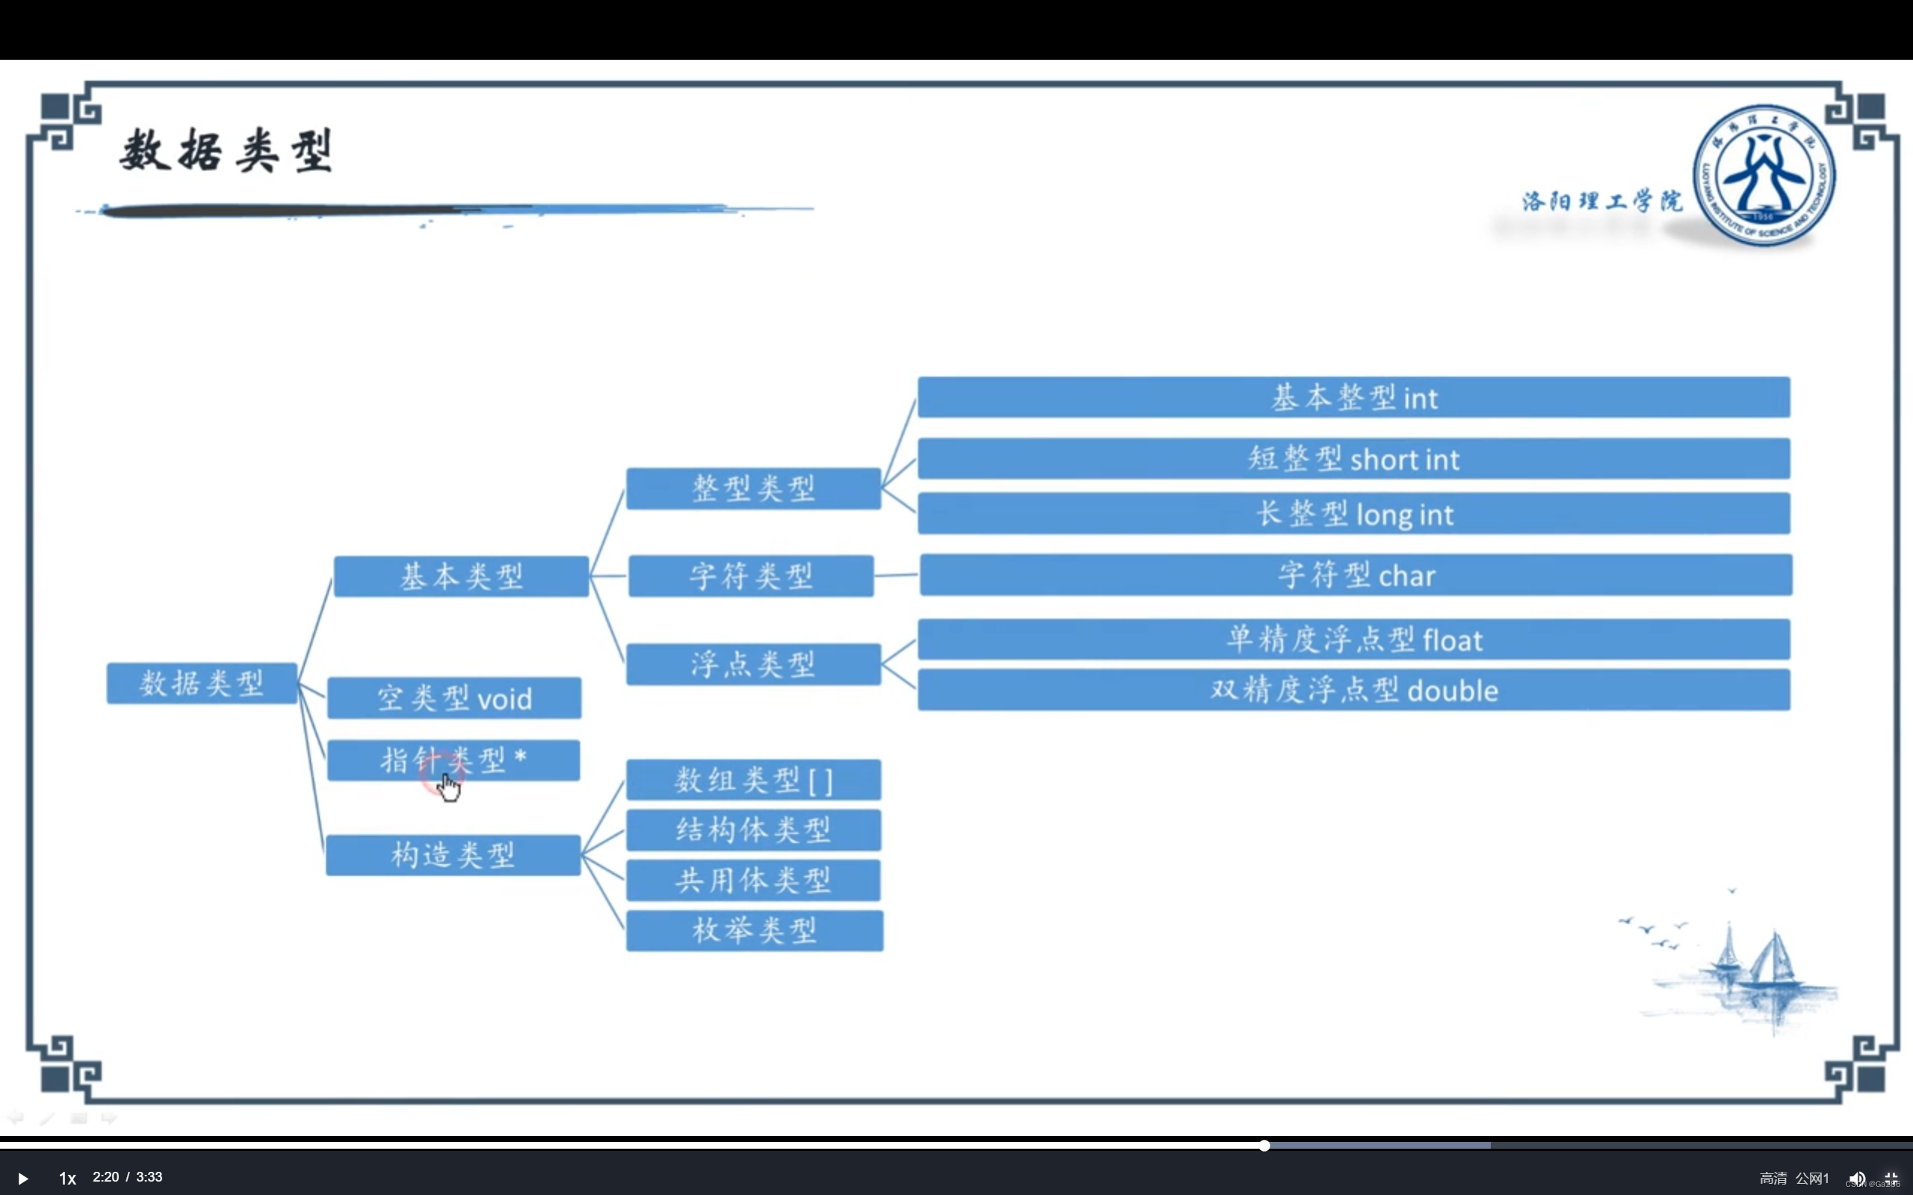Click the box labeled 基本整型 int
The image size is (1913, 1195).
pos(1353,397)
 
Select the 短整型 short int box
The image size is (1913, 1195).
pos(1353,459)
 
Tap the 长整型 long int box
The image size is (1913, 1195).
pos(1353,514)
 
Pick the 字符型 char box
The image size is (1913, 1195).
pos(1355,575)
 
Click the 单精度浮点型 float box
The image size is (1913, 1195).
pos(1353,639)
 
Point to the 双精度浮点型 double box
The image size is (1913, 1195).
pos(1353,690)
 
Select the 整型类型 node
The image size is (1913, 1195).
pos(753,488)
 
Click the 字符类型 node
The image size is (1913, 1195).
pos(751,576)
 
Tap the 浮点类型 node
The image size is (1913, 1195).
pos(753,664)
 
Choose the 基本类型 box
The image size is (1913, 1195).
pos(461,577)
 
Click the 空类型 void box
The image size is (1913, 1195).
pos(454,698)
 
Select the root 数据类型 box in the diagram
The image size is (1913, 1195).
pos(202,683)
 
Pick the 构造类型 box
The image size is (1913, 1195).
pos(453,855)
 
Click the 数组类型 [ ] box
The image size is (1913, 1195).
pos(753,780)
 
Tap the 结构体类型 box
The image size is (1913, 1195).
pos(753,830)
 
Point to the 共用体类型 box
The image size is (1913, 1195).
pos(753,881)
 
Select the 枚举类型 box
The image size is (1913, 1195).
pos(754,931)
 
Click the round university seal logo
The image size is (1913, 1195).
pos(1764,176)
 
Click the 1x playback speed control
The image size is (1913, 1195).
pos(67,1179)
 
